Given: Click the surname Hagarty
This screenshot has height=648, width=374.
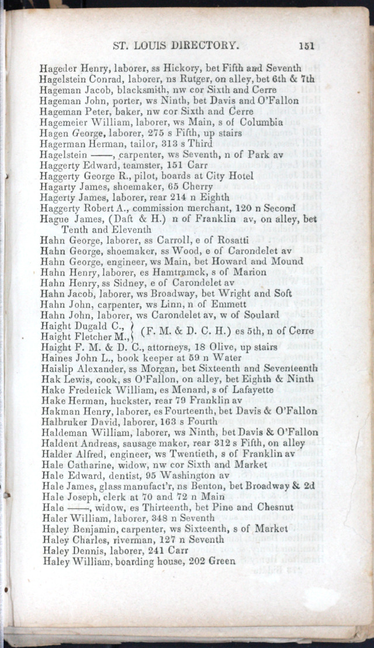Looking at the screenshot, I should (57, 186).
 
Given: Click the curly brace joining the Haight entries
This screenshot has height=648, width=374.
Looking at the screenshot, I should (135, 330).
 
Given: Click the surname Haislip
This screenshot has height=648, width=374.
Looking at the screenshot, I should (58, 368).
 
